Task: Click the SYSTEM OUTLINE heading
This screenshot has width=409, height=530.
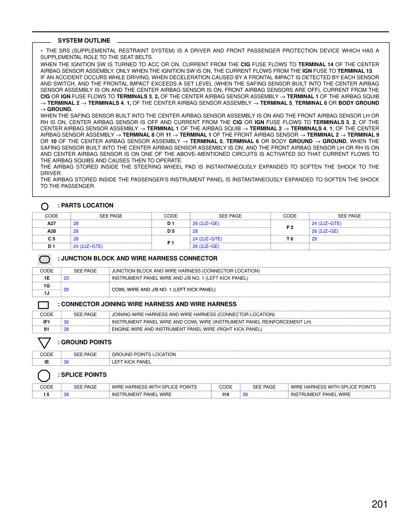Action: coord(84,41)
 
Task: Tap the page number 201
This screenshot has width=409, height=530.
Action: coord(380,504)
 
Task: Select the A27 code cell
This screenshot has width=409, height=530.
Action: coord(51,223)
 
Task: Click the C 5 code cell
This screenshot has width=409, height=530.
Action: coord(51,239)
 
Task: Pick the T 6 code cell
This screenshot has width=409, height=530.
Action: coord(290,239)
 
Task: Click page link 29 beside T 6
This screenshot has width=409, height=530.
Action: coord(314,239)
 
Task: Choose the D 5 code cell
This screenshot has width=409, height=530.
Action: coord(171,231)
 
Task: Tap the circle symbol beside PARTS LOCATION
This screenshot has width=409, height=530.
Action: coord(45,206)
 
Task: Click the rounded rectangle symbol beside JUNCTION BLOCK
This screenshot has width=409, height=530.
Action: coord(45,259)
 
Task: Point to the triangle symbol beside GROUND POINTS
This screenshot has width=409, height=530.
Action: coord(44,342)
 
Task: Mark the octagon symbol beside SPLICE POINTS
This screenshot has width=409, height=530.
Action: coord(44,376)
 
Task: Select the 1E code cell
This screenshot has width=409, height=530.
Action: coord(47,278)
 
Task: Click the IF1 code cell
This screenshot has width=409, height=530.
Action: coord(47,322)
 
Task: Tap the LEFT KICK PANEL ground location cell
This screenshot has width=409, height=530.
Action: coord(132,362)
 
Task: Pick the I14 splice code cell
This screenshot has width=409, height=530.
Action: coord(226,395)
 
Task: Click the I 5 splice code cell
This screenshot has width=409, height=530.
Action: coord(47,395)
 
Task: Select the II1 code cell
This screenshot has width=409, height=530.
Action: coord(47,329)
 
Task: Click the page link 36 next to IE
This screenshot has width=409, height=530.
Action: coord(66,362)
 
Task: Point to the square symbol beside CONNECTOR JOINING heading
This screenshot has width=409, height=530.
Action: coord(43,305)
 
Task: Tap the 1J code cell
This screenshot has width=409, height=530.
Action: coord(47,293)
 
